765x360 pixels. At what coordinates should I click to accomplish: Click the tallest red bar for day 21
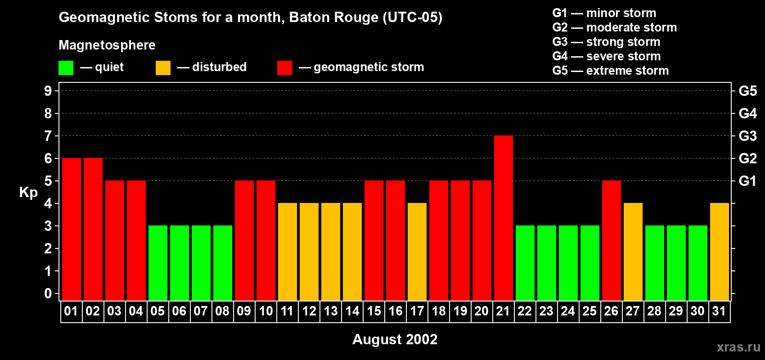tap(504, 218)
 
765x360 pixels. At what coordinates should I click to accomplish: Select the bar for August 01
tap(72, 229)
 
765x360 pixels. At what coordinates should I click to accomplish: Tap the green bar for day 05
tap(158, 263)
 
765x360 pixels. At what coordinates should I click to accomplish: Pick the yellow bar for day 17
tap(417, 252)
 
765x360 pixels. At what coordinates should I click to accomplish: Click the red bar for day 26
tap(612, 240)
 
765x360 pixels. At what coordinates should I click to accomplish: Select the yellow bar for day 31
tap(720, 252)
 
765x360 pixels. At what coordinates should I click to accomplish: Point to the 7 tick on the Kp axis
tap(48, 136)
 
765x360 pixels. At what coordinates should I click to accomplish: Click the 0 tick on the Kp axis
tap(48, 293)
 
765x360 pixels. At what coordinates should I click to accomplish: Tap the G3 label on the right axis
tap(747, 136)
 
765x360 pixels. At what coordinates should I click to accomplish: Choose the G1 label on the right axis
tap(747, 181)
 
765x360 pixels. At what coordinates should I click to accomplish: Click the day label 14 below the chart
tap(352, 311)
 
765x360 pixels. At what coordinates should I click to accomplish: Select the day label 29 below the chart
tap(676, 311)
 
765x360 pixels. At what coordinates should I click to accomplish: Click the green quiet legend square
tap(66, 68)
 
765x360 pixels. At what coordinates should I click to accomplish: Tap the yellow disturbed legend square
tap(163, 68)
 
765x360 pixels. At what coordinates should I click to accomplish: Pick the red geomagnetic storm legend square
tap(284, 68)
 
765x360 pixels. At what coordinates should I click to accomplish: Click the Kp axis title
tap(28, 192)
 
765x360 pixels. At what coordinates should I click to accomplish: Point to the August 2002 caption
tap(395, 339)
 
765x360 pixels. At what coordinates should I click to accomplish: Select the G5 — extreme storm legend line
tap(610, 71)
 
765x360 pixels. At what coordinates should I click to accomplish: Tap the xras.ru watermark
tap(738, 347)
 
